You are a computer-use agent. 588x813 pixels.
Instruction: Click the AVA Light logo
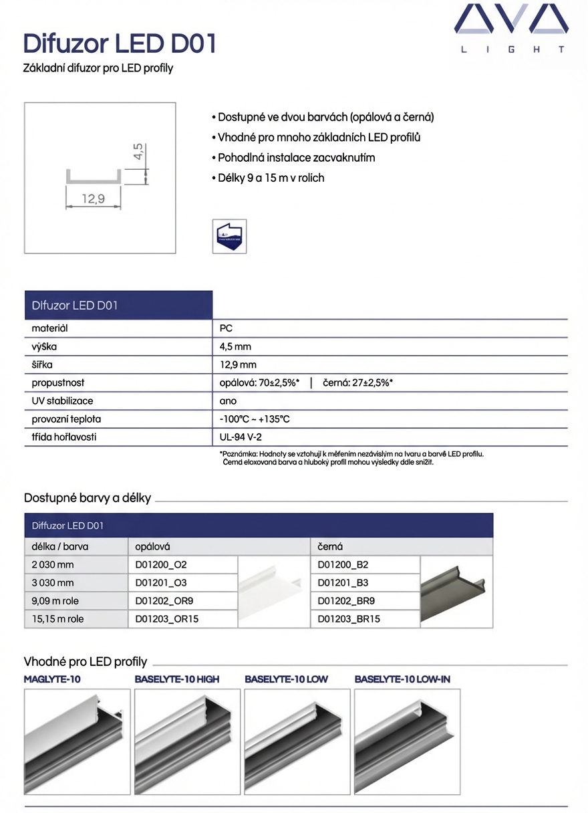511,28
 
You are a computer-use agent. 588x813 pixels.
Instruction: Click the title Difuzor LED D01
120,43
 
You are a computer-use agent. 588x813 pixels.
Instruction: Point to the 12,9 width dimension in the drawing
93,199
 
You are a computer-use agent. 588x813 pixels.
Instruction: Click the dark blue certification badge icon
229,235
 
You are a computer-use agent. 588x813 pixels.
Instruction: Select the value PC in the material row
226,328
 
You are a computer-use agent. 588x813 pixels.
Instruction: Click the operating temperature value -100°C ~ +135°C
255,419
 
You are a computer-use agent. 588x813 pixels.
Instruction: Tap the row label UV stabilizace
62,401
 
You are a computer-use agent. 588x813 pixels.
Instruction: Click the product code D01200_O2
161,565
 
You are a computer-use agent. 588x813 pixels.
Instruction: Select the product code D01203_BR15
349,619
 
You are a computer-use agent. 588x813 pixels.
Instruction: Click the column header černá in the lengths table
330,546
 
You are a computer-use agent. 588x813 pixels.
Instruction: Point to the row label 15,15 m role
58,619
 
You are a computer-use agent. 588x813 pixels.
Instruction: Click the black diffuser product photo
456,592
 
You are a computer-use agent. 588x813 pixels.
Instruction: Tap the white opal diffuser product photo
273,592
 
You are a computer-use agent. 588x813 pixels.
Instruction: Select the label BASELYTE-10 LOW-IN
402,679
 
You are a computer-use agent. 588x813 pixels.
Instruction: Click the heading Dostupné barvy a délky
88,498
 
